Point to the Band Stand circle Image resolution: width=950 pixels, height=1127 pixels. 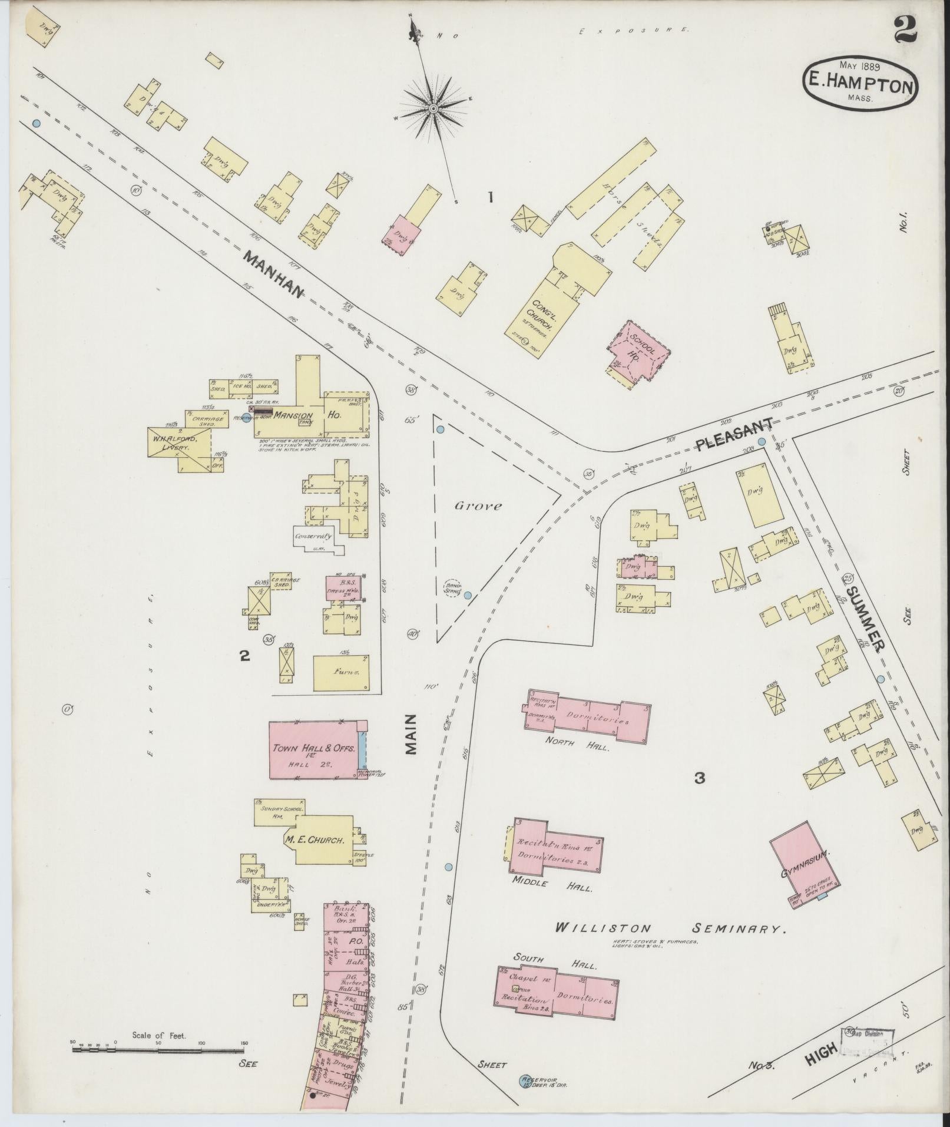point(452,587)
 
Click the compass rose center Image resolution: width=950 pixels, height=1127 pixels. point(433,108)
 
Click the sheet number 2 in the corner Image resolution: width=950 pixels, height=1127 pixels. point(905,29)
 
